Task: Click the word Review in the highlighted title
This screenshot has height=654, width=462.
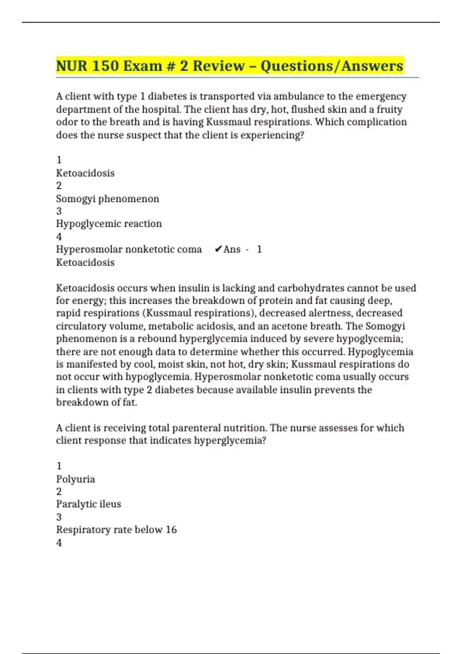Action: [x=218, y=66]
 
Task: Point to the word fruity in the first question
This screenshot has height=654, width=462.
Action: [x=389, y=109]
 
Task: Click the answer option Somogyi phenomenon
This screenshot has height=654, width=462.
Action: [x=107, y=199]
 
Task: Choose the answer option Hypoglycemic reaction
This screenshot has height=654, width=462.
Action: [x=109, y=224]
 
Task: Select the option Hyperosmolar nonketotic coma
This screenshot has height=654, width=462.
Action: [x=129, y=249]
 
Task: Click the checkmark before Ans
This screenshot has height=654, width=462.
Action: [x=218, y=249]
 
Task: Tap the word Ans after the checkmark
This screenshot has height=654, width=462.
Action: [x=232, y=249]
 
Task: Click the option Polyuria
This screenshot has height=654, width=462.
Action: [x=75, y=479]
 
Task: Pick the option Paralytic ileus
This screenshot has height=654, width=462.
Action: [x=89, y=504]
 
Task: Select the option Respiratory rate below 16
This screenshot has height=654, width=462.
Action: [x=116, y=530]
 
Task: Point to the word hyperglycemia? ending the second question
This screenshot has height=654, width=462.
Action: [x=230, y=440]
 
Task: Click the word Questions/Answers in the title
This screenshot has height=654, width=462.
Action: [x=332, y=66]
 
